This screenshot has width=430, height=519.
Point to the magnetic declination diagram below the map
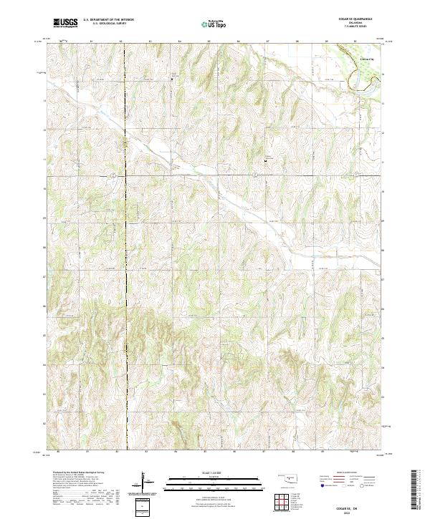point(146,482)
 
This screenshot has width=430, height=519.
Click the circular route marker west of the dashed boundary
point(114,174)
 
